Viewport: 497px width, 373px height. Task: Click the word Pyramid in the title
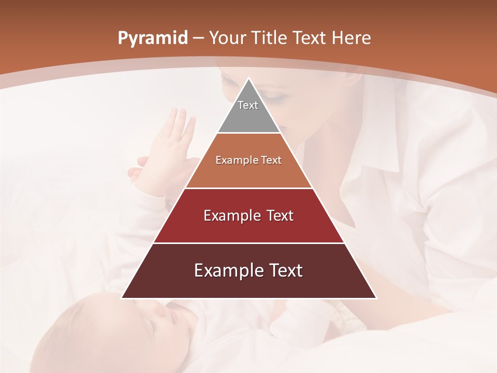click(x=152, y=38)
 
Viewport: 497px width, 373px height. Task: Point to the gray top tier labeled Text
click(x=248, y=111)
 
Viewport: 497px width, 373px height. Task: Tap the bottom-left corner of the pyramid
click(x=122, y=298)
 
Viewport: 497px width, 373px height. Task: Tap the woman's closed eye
click(x=277, y=98)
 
